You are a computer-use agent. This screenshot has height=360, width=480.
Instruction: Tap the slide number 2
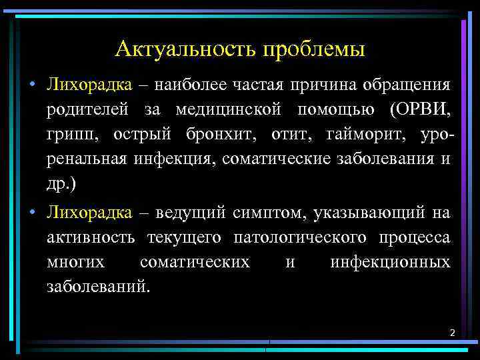pos(452,332)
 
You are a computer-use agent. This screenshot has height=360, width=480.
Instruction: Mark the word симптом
pos(261,213)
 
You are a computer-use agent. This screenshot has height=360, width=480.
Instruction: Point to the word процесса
pos(413,238)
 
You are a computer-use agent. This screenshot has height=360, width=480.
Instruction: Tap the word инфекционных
pos(390,263)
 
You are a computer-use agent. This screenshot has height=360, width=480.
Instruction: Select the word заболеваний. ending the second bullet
pos(99,287)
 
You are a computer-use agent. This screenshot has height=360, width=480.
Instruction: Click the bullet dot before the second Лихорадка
pos(31,213)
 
